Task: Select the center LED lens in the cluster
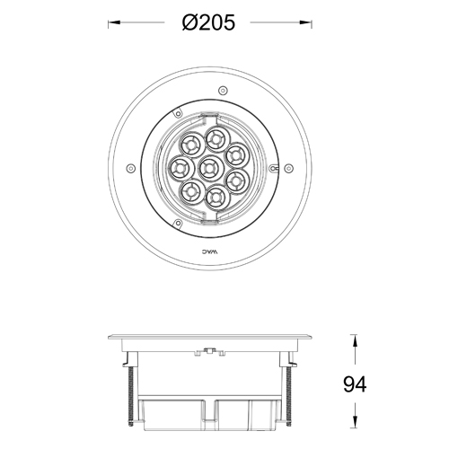click(211, 167)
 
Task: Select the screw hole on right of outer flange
click(289, 167)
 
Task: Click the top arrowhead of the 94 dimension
click(355, 339)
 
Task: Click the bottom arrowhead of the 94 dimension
click(355, 426)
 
